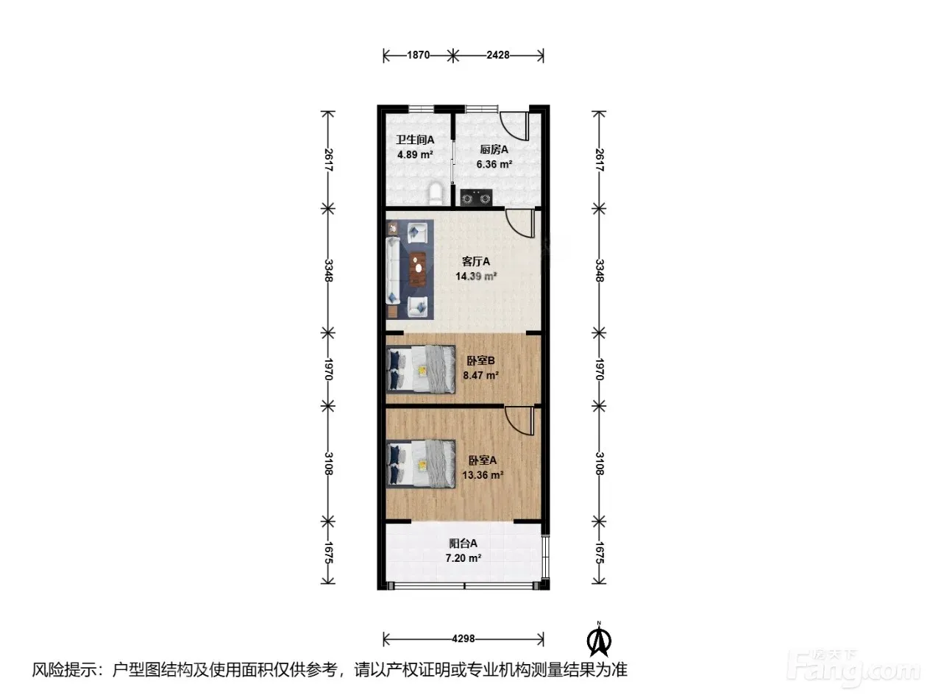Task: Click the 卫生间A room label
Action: click(415, 140)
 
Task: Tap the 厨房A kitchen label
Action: click(494, 149)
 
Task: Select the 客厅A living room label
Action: click(475, 262)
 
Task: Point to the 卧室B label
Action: click(480, 361)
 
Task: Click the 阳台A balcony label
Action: click(463, 543)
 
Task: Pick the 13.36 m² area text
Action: click(483, 475)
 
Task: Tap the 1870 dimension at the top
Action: click(418, 55)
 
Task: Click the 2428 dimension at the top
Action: click(498, 55)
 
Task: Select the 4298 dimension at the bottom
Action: click(464, 638)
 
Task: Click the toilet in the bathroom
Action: click(436, 194)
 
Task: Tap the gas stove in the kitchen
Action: click(477, 197)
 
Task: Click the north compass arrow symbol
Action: click(599, 640)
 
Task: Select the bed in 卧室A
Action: click(421, 464)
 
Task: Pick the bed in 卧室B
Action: click(421, 370)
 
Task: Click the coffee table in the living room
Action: click(418, 268)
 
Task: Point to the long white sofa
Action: click(393, 270)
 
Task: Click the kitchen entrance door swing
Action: click(514, 126)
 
